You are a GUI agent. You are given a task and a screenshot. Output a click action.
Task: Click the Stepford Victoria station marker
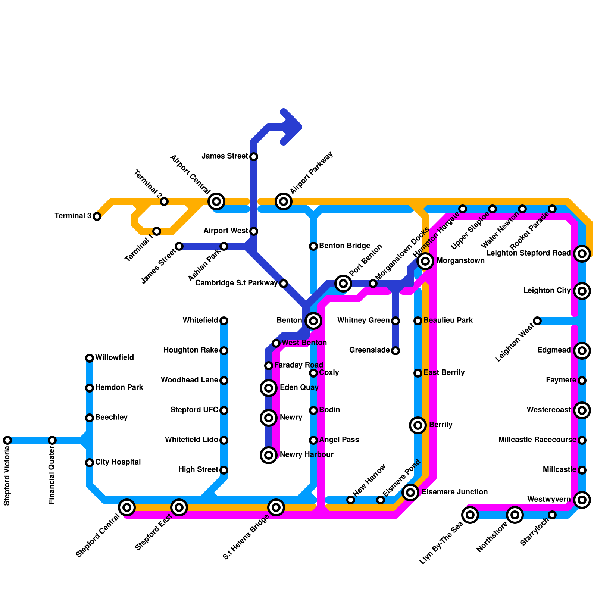[x=7, y=440]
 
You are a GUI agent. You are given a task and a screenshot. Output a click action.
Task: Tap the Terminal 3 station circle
[x=97, y=216]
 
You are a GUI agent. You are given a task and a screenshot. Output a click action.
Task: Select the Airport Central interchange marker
[x=216, y=201]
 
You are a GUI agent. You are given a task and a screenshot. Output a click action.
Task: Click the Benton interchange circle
[x=313, y=321]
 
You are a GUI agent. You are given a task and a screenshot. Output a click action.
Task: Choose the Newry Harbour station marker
[x=269, y=455]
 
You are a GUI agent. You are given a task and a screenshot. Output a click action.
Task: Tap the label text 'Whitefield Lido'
[x=191, y=440]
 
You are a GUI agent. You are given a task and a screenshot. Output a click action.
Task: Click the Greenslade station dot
[x=396, y=351]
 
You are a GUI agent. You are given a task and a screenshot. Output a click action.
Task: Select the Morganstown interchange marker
[x=425, y=261]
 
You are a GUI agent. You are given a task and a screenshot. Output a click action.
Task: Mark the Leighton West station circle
[x=537, y=321]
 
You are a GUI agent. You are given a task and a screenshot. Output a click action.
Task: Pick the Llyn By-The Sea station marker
[x=470, y=515]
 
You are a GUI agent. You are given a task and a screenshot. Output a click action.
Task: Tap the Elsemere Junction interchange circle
[x=410, y=493]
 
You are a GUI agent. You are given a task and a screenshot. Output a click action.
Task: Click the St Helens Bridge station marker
[x=276, y=507]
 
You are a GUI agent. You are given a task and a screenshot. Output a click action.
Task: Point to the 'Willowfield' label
[x=114, y=358]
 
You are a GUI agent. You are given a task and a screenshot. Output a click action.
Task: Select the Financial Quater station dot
[x=52, y=440]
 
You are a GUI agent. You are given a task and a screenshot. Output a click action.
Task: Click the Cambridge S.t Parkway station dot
[x=284, y=284]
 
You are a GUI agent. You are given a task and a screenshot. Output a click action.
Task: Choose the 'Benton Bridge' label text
[x=344, y=246]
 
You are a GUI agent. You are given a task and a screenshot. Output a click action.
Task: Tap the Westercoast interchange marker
[x=582, y=410]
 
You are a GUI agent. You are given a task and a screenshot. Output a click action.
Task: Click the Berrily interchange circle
[x=418, y=425]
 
